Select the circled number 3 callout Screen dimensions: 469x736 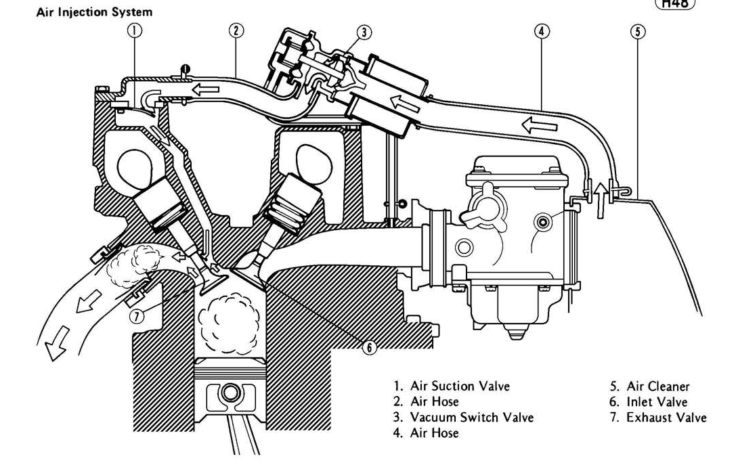(364, 31)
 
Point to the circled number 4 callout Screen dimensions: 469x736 (542, 30)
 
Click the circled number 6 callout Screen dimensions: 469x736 (369, 347)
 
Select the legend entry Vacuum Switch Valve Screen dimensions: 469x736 (472, 417)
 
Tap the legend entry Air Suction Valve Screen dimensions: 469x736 (460, 386)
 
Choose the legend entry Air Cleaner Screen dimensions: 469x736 (657, 386)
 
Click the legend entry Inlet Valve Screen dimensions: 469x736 (657, 402)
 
